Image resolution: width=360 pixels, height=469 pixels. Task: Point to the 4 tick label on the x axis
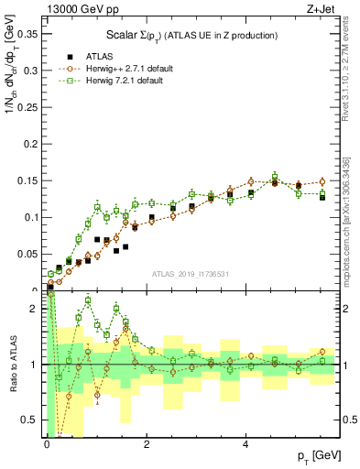245,444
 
